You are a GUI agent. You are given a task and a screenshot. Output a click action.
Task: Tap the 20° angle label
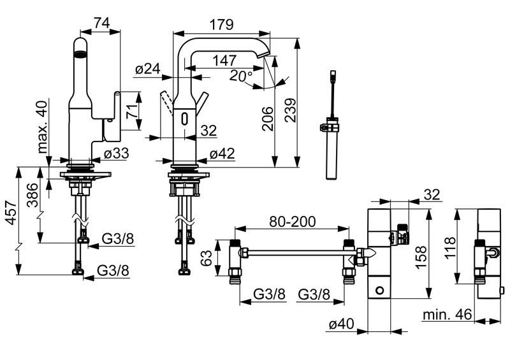click(x=242, y=76)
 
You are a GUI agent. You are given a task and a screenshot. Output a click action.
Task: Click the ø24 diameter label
click(x=147, y=69)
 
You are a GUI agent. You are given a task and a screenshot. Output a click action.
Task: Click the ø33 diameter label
click(x=117, y=153)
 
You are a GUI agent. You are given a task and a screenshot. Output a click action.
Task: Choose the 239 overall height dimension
click(x=291, y=119)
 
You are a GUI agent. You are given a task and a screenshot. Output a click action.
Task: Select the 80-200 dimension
click(x=292, y=222)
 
